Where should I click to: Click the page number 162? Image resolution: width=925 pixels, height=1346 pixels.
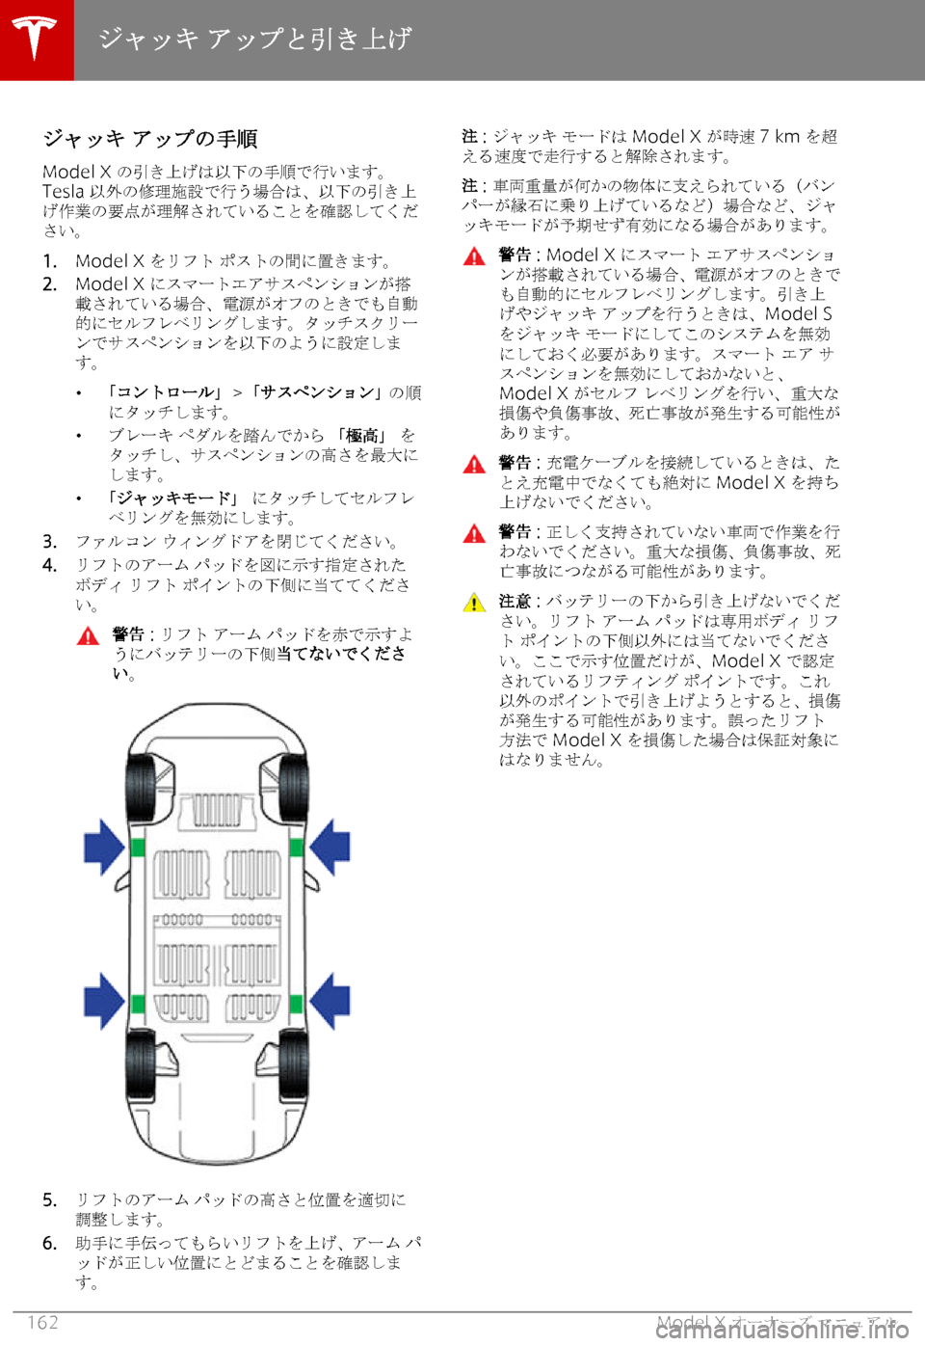point(43,1322)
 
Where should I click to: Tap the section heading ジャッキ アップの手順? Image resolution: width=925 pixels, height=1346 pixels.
point(150,139)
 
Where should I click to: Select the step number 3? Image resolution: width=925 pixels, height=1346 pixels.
point(49,542)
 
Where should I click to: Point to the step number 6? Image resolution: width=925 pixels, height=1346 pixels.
point(49,1244)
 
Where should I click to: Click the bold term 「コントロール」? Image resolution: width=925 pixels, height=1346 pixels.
point(165,392)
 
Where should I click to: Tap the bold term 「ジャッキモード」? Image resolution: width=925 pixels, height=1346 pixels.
point(173,498)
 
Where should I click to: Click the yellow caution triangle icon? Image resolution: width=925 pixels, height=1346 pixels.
point(474,604)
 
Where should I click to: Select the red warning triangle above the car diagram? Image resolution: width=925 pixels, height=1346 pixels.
point(89,636)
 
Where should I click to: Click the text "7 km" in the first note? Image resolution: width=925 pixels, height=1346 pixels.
point(780,136)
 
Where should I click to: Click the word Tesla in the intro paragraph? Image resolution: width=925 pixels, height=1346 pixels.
point(63,191)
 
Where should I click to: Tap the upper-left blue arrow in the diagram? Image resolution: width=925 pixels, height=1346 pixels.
point(103,847)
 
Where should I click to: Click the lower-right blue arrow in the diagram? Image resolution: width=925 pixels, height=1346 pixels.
point(330,1000)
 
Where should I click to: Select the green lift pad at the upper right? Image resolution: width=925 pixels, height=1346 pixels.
point(297,848)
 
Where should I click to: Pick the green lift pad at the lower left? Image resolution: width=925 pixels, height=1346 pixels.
point(138,1005)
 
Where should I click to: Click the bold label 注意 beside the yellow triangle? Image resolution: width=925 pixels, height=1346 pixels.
point(515,601)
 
